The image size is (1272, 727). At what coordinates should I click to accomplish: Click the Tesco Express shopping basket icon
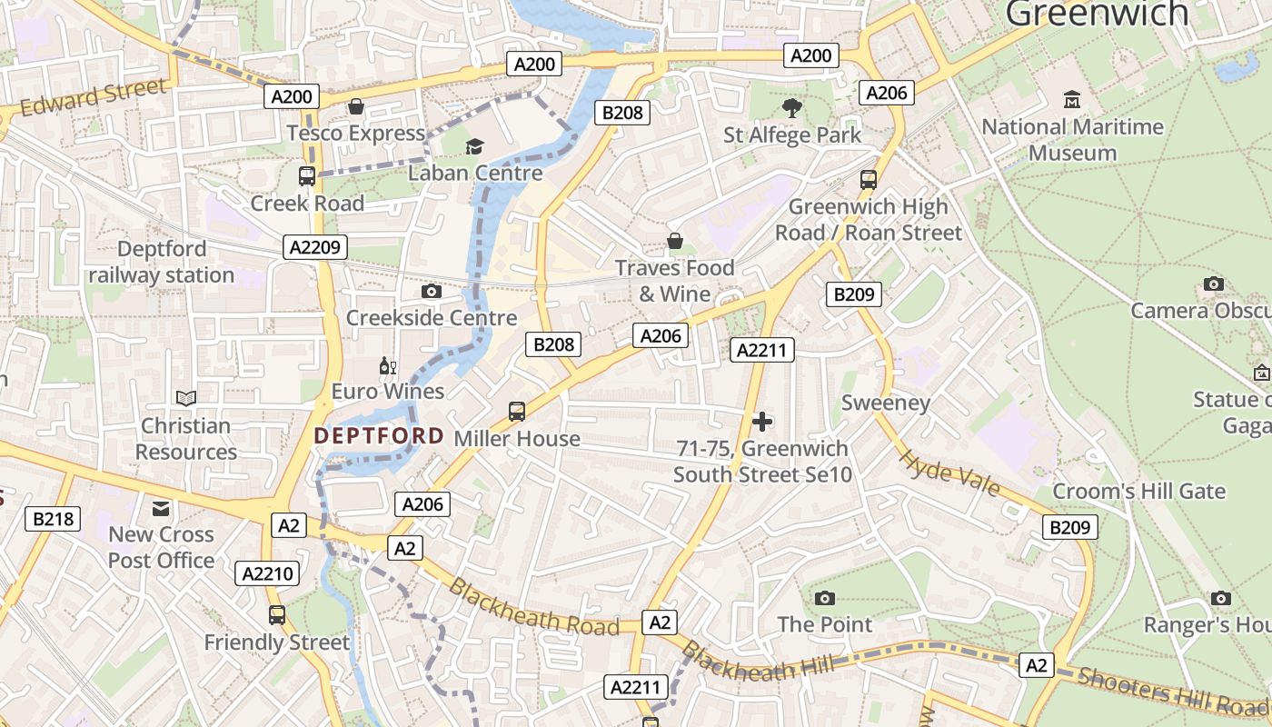356,107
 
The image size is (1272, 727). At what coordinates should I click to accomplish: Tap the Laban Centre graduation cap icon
474,146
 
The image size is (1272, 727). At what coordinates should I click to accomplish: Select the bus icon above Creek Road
307,176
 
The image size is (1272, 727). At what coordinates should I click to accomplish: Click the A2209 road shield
315,247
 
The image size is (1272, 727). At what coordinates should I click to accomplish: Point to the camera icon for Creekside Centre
432,292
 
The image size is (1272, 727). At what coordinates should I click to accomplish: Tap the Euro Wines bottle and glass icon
388,366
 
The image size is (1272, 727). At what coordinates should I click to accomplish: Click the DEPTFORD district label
379,436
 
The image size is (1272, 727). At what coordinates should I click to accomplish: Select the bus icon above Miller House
517,412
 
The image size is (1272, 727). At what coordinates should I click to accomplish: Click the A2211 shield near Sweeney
762,350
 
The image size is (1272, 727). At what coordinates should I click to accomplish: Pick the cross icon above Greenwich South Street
762,422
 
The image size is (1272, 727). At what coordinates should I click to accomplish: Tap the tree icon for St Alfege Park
792,108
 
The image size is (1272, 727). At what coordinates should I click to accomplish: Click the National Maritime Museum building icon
1072,99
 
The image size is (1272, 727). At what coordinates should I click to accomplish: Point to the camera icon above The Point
825,598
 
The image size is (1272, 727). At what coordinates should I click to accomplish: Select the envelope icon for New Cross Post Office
161,508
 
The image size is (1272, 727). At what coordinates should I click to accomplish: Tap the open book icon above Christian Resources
186,398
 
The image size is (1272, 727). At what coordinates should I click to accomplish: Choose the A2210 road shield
267,573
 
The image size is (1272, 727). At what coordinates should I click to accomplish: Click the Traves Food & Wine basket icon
675,241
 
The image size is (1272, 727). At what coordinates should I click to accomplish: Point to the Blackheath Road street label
534,607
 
